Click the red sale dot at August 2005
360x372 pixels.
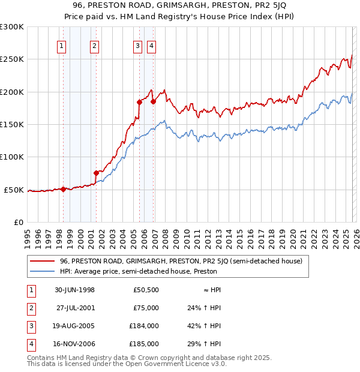tap(139, 102)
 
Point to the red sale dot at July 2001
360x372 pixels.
tap(96, 173)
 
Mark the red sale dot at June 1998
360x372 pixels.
tap(64, 189)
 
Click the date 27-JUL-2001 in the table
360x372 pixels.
tap(75, 308)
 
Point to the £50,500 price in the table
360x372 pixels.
tap(146, 290)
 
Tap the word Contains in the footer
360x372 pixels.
tap(42, 358)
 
